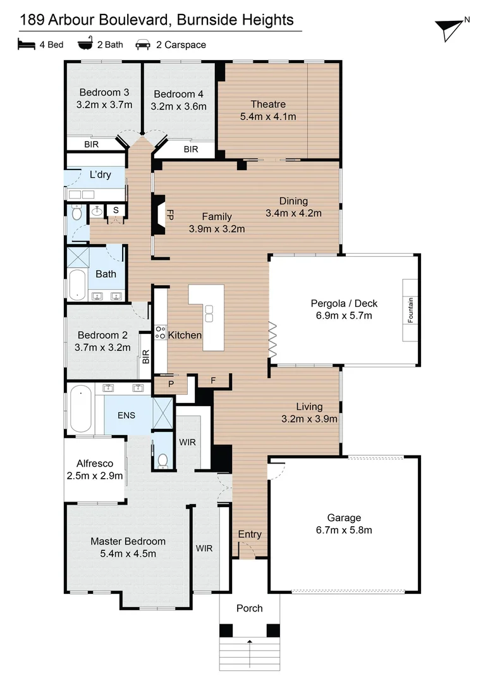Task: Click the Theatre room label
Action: click(268, 104)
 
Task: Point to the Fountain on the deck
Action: click(410, 310)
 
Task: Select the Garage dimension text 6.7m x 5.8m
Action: click(344, 530)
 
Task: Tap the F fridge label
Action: click(213, 381)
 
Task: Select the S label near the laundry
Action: click(116, 210)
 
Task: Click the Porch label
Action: click(249, 608)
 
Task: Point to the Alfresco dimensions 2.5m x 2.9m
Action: click(94, 476)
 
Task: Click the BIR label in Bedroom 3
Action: click(92, 144)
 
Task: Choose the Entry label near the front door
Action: click(250, 534)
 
